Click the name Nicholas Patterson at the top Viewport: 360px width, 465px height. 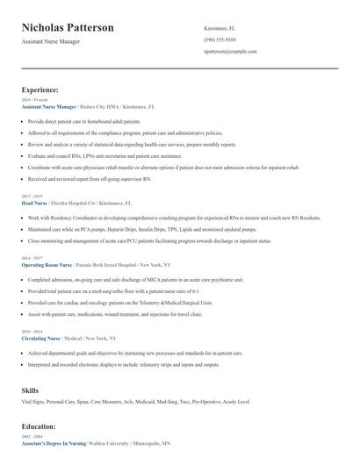pyautogui.click(x=68, y=28)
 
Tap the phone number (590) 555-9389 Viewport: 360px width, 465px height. pyautogui.click(x=220, y=39)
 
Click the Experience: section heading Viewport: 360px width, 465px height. pyautogui.click(x=40, y=89)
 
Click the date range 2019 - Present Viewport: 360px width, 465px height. pyautogui.click(x=33, y=100)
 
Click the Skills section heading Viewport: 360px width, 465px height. pyautogui.click(x=30, y=389)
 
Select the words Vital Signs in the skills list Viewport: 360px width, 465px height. pyautogui.click(x=34, y=401)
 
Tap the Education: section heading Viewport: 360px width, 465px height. pyautogui.click(x=40, y=426)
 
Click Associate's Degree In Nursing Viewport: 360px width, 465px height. pyautogui.click(x=54, y=443)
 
